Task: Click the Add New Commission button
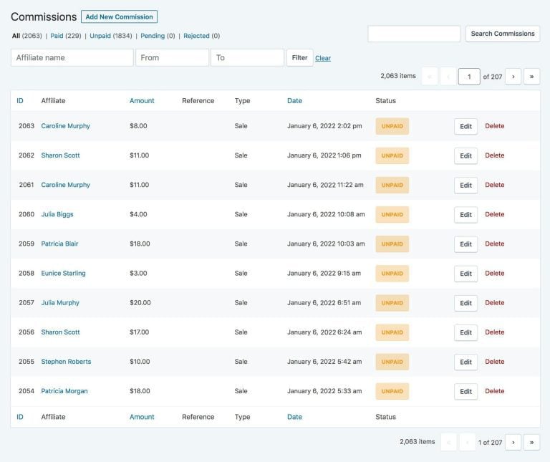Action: point(119,16)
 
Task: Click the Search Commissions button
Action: point(503,34)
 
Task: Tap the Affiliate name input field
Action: point(72,57)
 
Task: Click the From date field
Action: point(172,57)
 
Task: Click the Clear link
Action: point(323,58)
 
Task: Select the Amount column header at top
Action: point(142,101)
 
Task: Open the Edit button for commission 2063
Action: point(465,126)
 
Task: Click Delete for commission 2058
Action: point(495,273)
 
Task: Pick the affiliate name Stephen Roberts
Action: point(66,362)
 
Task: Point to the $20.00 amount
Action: point(140,303)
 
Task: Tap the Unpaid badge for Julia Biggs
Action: point(392,214)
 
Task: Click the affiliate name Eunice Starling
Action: point(63,273)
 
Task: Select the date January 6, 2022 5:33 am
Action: point(324,391)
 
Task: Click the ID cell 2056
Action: point(26,332)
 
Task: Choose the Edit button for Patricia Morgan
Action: point(465,392)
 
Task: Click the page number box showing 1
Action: point(469,77)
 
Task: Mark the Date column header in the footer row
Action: point(294,417)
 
